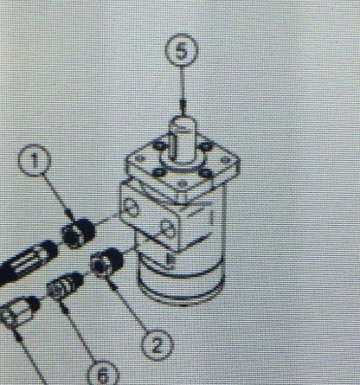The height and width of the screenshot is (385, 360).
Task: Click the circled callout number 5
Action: click(182, 49)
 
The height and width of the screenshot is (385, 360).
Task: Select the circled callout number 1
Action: click(35, 160)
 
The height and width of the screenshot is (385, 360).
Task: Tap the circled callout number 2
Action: click(157, 345)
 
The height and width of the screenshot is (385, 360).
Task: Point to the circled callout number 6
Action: click(103, 374)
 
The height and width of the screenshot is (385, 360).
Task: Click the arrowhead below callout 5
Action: click(183, 106)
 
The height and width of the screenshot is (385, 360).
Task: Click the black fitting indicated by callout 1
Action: click(79, 233)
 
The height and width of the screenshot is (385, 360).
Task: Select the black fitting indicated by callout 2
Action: click(107, 262)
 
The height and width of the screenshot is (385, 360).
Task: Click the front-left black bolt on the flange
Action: click(159, 172)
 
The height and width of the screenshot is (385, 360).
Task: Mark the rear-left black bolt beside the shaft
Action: click(159, 145)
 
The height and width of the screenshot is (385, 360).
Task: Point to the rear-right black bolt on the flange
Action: click(206, 145)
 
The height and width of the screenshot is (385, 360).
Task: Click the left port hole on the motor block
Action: click(131, 208)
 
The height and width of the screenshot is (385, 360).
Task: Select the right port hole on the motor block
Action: click(167, 229)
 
